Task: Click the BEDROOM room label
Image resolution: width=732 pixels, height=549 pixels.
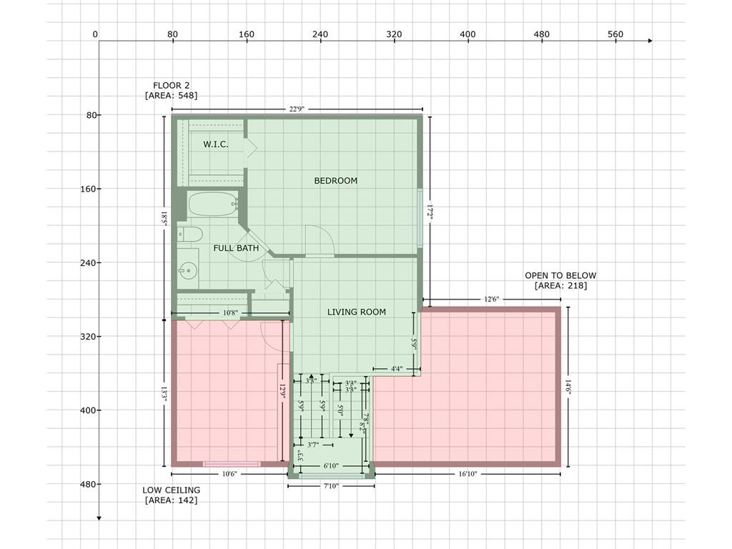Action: pos(335,181)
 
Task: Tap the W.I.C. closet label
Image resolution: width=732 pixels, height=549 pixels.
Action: pos(216,144)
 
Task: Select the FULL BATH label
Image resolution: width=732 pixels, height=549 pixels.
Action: pos(236,248)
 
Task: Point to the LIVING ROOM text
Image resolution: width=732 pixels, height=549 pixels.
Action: pos(356,312)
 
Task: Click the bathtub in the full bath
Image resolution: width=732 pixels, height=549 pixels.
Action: pos(212,205)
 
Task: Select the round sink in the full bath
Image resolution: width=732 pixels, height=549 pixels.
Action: pos(189,270)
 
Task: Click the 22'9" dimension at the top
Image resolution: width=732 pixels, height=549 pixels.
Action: pos(297,109)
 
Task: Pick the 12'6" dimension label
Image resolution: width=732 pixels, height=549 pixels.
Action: pos(491,300)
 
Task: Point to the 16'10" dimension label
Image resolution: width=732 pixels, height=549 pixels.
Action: pos(468,473)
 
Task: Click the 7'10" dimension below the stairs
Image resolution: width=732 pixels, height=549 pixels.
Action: pos(331,486)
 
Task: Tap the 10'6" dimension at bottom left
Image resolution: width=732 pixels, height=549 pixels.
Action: pos(229,473)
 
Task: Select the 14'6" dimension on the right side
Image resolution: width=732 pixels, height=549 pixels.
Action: pos(569,387)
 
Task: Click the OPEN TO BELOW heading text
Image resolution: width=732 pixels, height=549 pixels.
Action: pos(560,275)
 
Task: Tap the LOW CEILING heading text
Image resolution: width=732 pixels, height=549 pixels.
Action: pos(171,490)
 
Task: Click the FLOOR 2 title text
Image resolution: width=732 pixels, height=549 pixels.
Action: pos(171,85)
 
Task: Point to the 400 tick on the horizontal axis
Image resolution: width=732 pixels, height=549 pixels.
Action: pos(468,34)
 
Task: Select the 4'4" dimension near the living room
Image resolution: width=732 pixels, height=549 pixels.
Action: pos(397,369)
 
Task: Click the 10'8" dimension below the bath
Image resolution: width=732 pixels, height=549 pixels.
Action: pos(230,313)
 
